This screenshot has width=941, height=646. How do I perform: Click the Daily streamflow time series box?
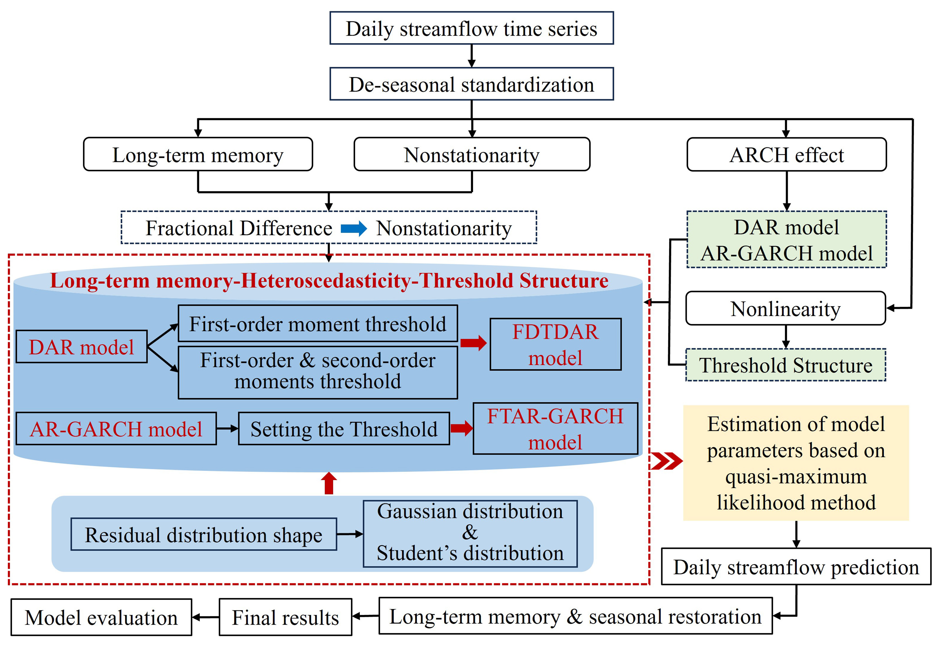pyautogui.click(x=471, y=28)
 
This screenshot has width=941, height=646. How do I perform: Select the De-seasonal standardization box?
pyautogui.click(x=471, y=84)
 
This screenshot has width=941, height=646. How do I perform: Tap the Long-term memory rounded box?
pyautogui.click(x=198, y=154)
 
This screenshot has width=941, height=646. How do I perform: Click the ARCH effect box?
pyautogui.click(x=786, y=154)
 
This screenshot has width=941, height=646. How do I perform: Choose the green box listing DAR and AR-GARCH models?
pyautogui.click(x=786, y=240)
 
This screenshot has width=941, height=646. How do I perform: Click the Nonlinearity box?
pyautogui.click(x=786, y=309)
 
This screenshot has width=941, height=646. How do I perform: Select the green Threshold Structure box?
pyautogui.click(x=786, y=365)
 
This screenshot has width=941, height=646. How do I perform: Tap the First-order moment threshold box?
pyautogui.click(x=318, y=324)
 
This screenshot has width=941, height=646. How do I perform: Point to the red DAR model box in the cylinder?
pyautogui.click(x=81, y=347)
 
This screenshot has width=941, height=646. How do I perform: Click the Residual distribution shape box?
pyautogui.click(x=204, y=534)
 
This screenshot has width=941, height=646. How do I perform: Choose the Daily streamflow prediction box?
pyautogui.click(x=796, y=567)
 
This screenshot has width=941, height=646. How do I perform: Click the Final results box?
pyautogui.click(x=285, y=617)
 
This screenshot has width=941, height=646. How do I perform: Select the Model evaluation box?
pyautogui.click(x=101, y=617)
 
